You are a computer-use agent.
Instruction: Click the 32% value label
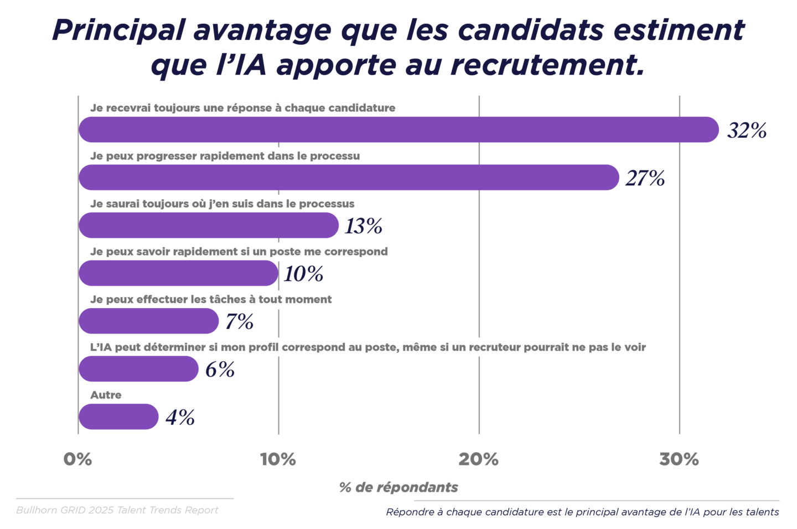pos(747,131)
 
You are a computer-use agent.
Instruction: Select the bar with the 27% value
pos(349,178)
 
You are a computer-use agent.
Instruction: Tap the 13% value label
pos(364,226)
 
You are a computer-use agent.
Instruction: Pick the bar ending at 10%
pos(178,273)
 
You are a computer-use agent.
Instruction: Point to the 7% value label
pos(239,321)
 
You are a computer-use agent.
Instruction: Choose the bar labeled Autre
pos(118,417)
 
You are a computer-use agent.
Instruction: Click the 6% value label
pos(220,370)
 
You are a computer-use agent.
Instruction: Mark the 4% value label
pos(180,417)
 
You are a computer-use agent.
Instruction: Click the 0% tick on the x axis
pos(77,459)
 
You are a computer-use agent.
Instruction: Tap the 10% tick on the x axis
pos(278,459)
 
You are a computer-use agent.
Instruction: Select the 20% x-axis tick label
pos(479,459)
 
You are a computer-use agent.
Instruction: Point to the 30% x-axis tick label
pos(679,459)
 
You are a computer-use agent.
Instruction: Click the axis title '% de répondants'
pos(398,487)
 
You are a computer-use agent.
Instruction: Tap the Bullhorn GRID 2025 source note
pos(117,510)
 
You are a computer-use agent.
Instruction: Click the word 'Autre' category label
pos(106,395)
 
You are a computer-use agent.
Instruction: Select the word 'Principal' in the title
pos(118,30)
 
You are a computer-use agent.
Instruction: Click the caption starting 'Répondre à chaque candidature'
pos(582,512)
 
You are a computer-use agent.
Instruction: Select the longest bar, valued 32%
pos(398,129)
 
